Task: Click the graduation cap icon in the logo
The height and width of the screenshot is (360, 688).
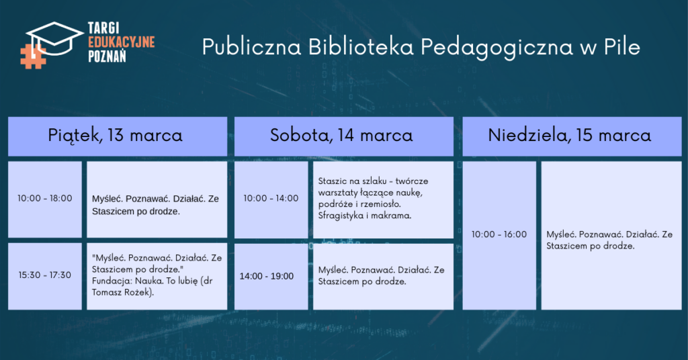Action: [54, 38]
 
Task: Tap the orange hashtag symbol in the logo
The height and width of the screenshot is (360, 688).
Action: [33, 56]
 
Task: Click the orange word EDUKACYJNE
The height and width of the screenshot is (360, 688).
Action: [122, 42]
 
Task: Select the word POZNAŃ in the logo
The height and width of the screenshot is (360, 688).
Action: [107, 56]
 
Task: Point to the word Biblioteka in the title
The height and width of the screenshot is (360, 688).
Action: [361, 47]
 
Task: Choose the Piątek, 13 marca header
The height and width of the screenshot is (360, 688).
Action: [118, 136]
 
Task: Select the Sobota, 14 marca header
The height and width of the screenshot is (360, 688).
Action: [344, 136]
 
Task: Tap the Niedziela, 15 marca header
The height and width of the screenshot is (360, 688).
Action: [572, 136]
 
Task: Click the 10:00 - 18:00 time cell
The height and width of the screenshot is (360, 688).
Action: [45, 199]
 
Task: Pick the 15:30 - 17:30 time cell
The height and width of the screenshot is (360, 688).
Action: [45, 276]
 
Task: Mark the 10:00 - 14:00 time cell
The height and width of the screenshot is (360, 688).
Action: [271, 199]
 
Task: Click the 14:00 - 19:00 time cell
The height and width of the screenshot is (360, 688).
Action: [271, 277]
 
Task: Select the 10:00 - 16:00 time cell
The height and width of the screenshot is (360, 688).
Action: [499, 236]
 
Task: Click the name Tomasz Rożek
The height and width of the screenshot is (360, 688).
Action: [121, 292]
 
